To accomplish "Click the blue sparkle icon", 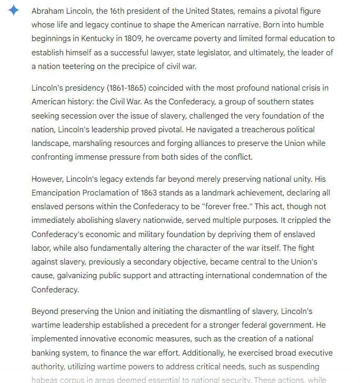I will click(14, 11).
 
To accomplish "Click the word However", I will click(49, 179).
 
